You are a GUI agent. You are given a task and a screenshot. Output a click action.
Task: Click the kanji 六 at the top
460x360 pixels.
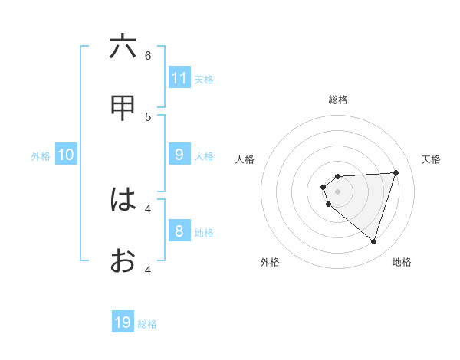(123, 47)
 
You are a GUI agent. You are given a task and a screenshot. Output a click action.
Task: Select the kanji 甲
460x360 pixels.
(123, 108)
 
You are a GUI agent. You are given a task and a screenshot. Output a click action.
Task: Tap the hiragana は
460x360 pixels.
(123, 200)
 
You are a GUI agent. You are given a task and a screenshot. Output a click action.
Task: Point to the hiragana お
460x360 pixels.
(123, 261)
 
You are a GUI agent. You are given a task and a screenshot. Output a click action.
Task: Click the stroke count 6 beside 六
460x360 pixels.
(148, 55)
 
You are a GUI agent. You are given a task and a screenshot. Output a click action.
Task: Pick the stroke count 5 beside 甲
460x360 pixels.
(148, 116)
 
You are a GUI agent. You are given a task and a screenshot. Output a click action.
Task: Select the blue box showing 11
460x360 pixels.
(179, 78)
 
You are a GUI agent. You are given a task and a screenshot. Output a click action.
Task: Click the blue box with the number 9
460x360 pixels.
(179, 155)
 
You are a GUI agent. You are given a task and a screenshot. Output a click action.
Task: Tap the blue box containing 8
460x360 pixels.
(179, 231)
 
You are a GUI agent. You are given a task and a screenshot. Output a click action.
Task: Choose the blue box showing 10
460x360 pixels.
(66, 155)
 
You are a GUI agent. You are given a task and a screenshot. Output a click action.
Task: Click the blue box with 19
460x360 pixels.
(123, 322)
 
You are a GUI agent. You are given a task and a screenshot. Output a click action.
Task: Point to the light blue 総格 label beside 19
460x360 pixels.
(147, 324)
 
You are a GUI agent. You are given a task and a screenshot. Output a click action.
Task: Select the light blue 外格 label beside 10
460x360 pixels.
(41, 156)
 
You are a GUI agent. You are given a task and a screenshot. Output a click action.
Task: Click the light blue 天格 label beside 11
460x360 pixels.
(204, 80)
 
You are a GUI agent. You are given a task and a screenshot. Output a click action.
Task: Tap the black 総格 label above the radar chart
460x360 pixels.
(338, 100)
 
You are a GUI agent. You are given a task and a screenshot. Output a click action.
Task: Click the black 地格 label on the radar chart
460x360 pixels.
(402, 262)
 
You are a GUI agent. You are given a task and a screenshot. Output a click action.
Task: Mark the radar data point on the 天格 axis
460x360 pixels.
(396, 172)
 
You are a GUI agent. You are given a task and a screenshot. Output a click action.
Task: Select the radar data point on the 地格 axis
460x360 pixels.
(373, 241)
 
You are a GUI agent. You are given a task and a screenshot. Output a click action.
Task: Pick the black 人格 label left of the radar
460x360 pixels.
(245, 159)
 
